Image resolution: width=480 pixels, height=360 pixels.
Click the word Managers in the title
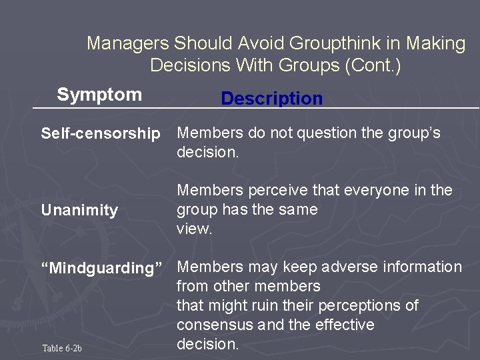pos(128,44)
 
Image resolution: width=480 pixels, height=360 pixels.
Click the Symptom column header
pos(99,95)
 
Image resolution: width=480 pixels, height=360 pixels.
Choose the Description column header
pos(271,99)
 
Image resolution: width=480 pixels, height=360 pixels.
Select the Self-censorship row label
pos(101,134)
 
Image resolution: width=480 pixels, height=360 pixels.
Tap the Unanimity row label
pos(79,211)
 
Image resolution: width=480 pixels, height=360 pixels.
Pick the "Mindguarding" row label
pos(102,269)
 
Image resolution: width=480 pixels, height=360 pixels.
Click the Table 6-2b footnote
pos(62,348)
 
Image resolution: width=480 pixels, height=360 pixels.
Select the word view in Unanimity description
pos(194,229)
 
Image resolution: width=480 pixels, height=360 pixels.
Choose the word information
pos(422,267)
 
